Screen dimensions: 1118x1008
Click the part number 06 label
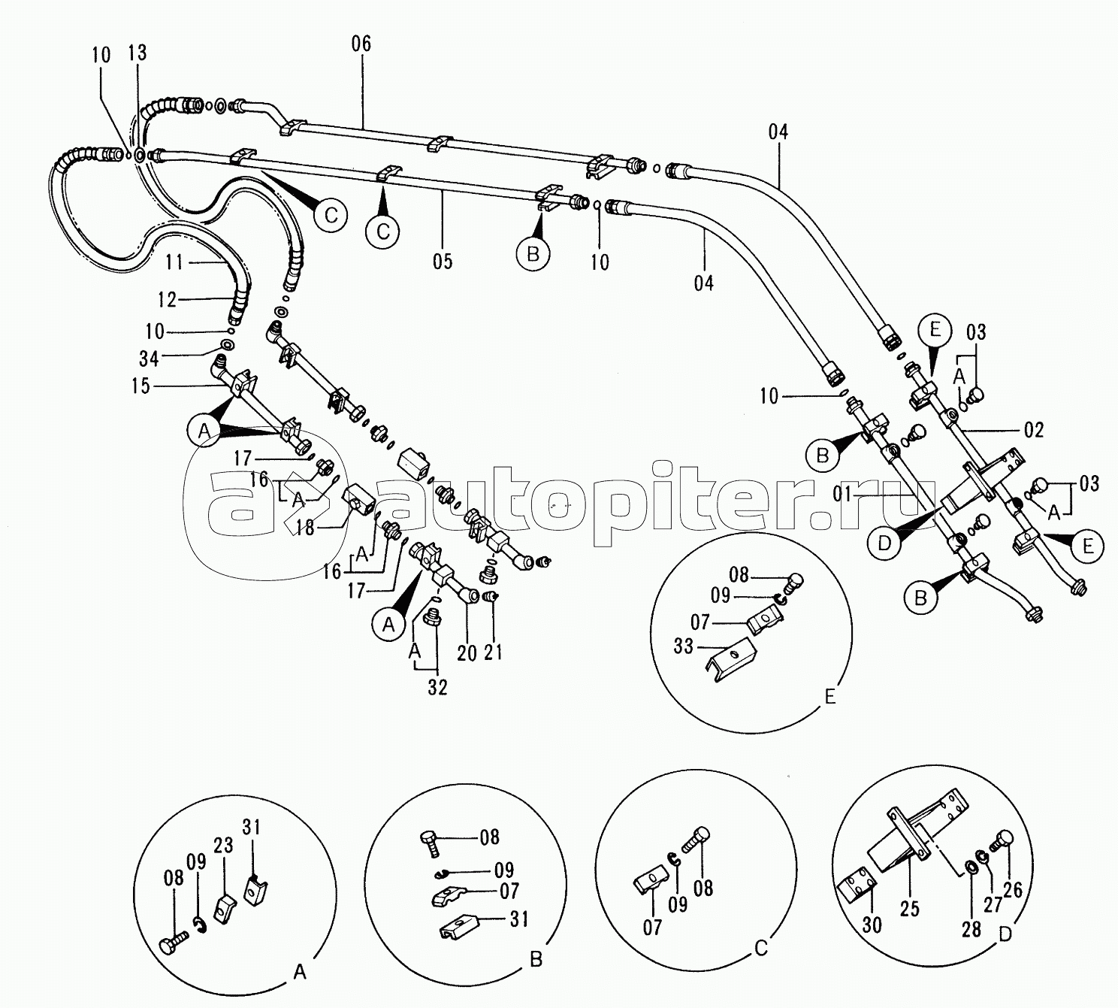(361, 44)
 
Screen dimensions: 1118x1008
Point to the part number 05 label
(443, 262)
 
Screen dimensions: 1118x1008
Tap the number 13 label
(137, 53)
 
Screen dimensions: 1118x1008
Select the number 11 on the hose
(174, 262)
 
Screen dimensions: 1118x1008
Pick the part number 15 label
(141, 386)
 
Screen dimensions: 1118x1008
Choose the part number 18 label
(305, 527)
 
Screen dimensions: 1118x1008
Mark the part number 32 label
(437, 688)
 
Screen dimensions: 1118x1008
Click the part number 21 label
(493, 652)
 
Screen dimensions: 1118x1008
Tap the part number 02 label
(1033, 430)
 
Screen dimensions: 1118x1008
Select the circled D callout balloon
(884, 543)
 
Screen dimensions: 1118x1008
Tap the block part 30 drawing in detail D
(858, 900)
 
